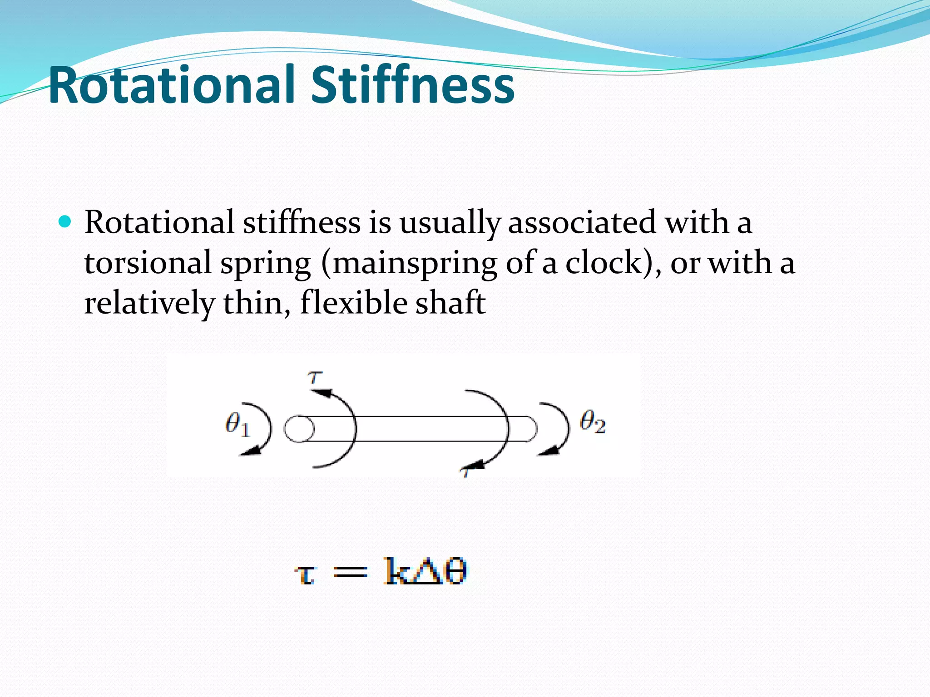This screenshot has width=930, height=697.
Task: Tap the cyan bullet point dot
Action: (65, 221)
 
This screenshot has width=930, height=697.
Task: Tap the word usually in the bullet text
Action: (450, 223)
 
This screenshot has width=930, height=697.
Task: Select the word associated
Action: (582, 222)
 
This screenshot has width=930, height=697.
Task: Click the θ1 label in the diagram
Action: (237, 426)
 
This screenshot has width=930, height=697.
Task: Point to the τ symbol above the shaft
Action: (315, 377)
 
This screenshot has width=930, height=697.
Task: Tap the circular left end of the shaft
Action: (299, 429)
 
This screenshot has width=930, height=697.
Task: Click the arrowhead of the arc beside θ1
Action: (252, 451)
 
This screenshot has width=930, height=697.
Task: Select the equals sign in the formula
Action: (350, 572)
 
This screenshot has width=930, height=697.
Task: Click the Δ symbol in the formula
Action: (427, 571)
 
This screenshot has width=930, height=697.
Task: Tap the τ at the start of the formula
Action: (305, 574)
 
